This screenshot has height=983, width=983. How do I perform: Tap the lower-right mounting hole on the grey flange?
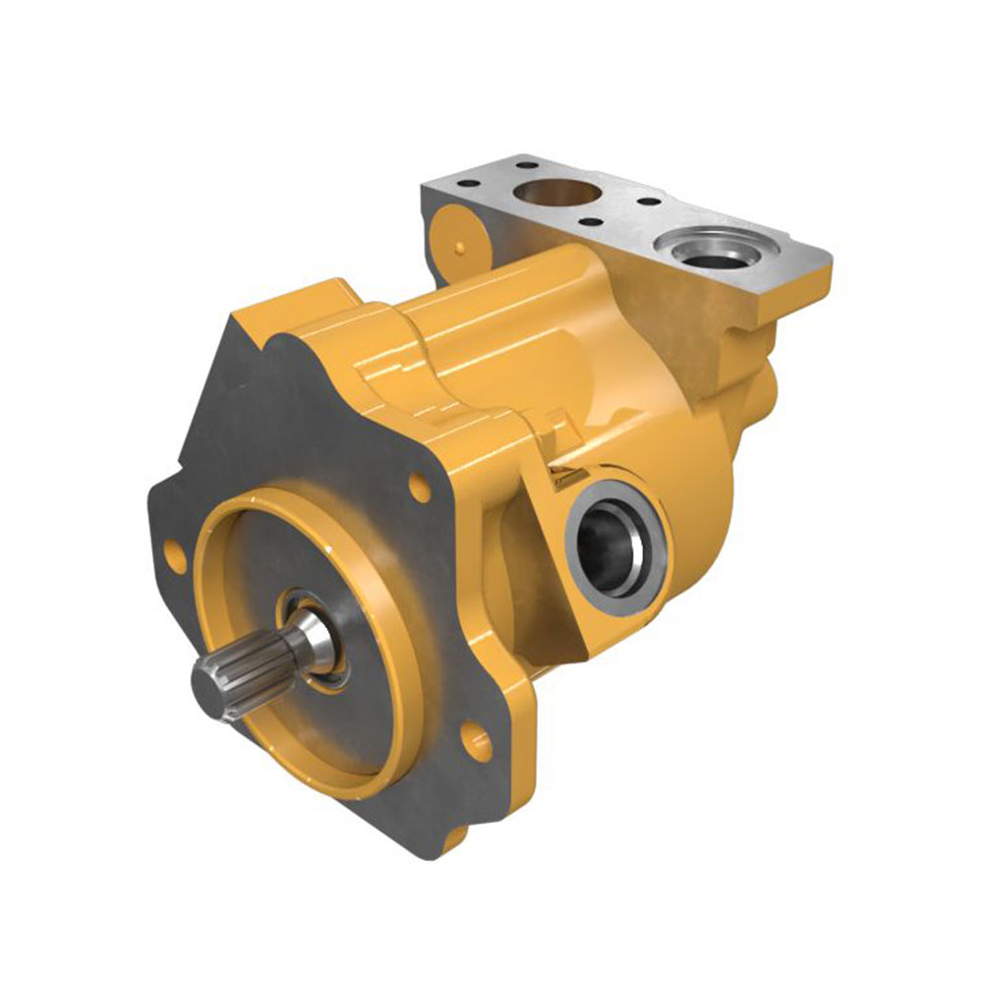tap(479, 743)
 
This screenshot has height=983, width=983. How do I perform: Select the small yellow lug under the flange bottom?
tap(455, 841)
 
